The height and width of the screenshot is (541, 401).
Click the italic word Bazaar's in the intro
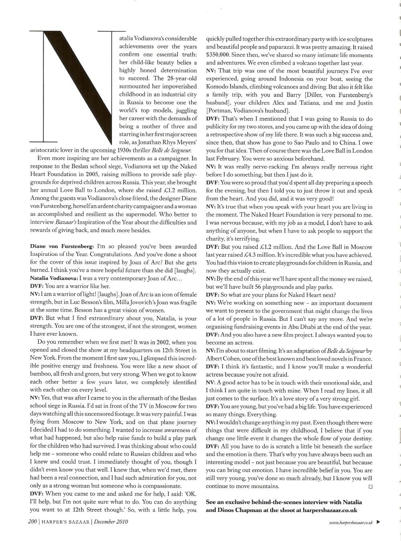[60, 223]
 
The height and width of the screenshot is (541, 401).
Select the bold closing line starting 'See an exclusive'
[283, 506]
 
